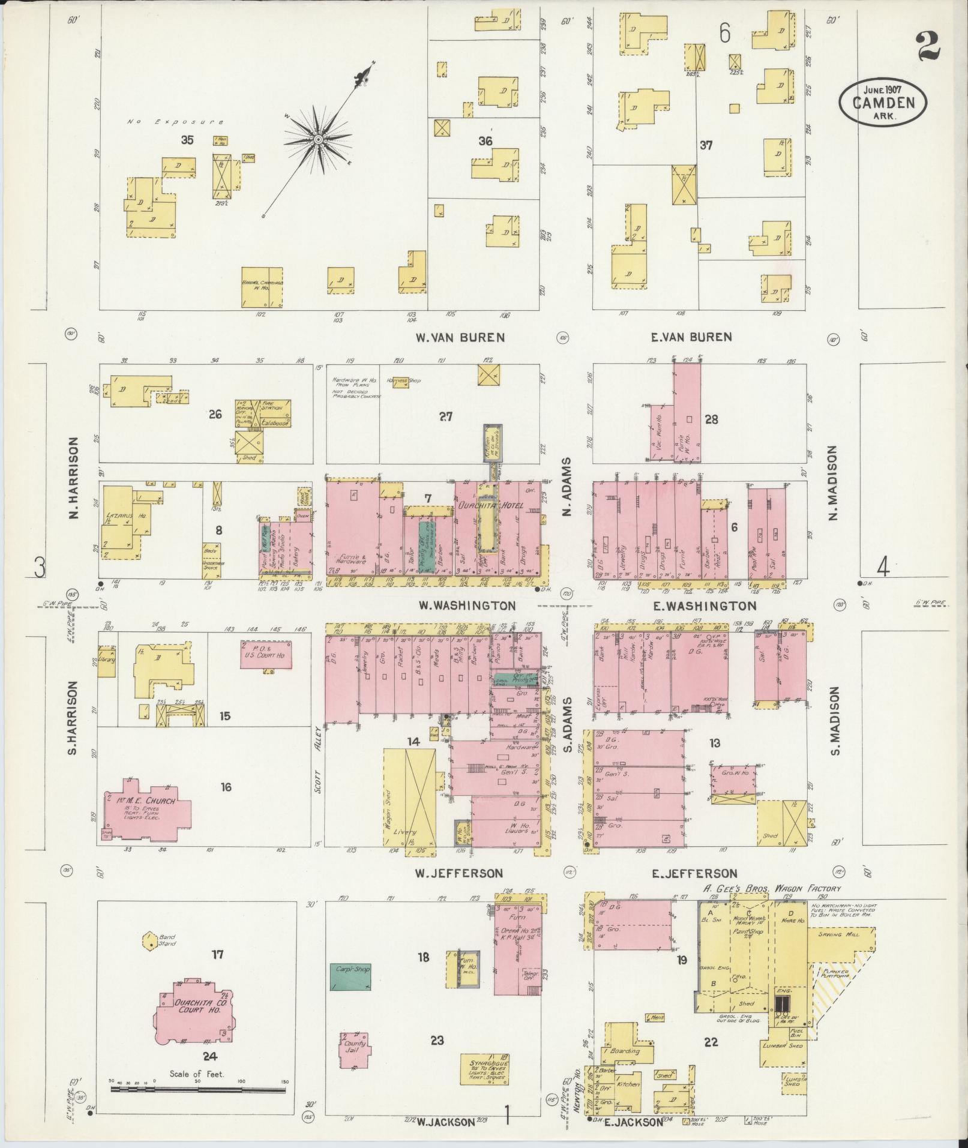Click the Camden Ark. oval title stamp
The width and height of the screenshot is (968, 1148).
click(882, 102)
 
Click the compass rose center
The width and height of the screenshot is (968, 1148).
click(319, 140)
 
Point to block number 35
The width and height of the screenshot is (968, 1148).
click(187, 140)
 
